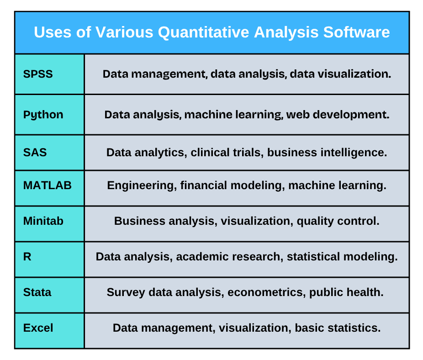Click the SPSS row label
coord(38,74)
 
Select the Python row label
coord(43,115)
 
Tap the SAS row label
coord(35,152)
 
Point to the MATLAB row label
coord(47,185)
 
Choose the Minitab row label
coord(43,221)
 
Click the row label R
coord(27,257)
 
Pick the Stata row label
coord(37,292)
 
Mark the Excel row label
coord(38,328)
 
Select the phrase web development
coord(338,115)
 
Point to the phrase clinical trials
coord(226,152)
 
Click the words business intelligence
coord(327,152)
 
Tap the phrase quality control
coord(338,221)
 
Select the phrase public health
coord(346,292)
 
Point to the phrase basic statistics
coord(338,328)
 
